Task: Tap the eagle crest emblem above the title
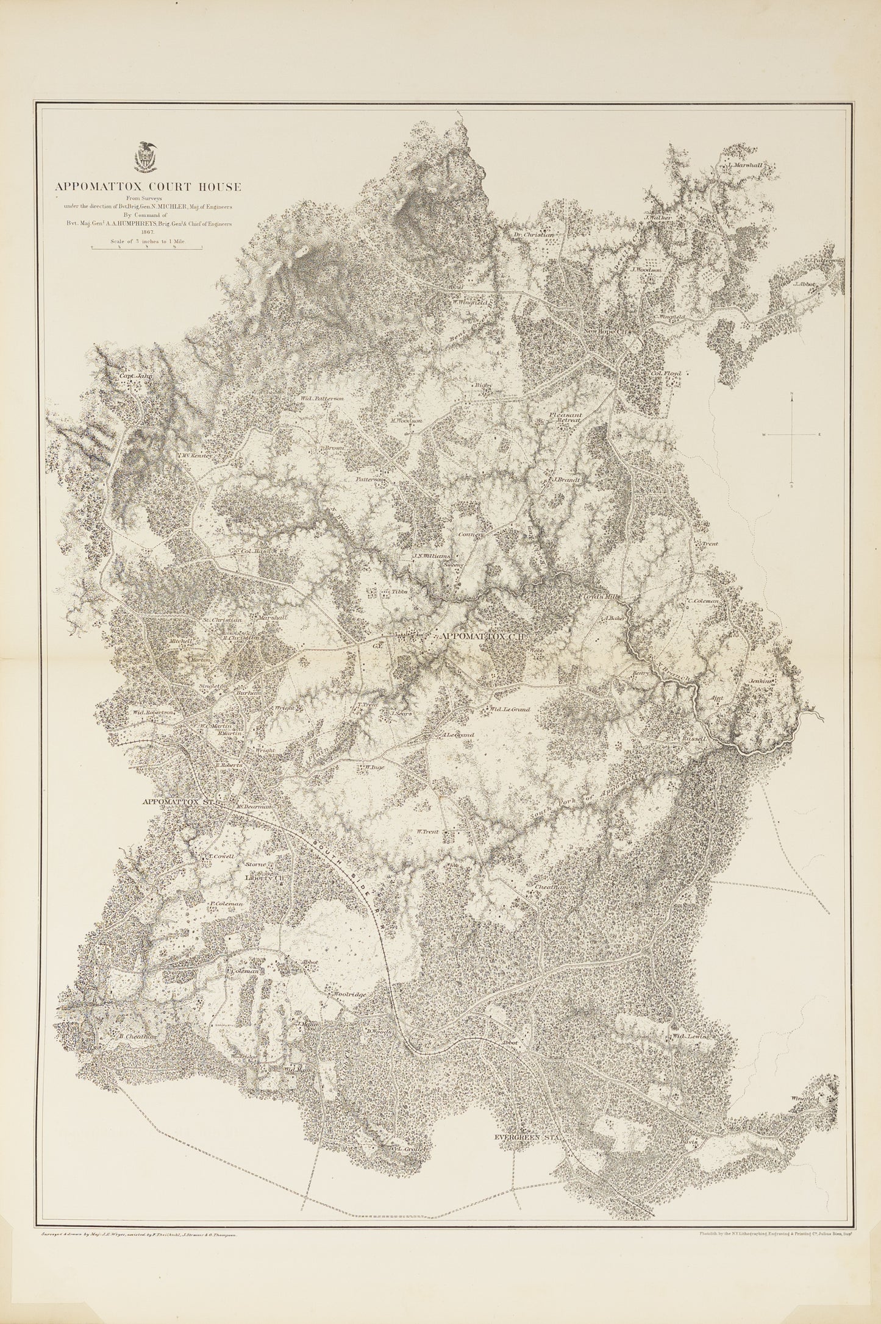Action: tap(147, 157)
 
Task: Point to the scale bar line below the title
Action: tap(147, 248)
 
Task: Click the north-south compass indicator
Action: tap(791, 434)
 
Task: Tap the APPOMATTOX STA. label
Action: tap(179, 802)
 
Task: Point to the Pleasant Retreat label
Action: tap(566, 418)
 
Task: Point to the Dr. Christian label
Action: tap(533, 235)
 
